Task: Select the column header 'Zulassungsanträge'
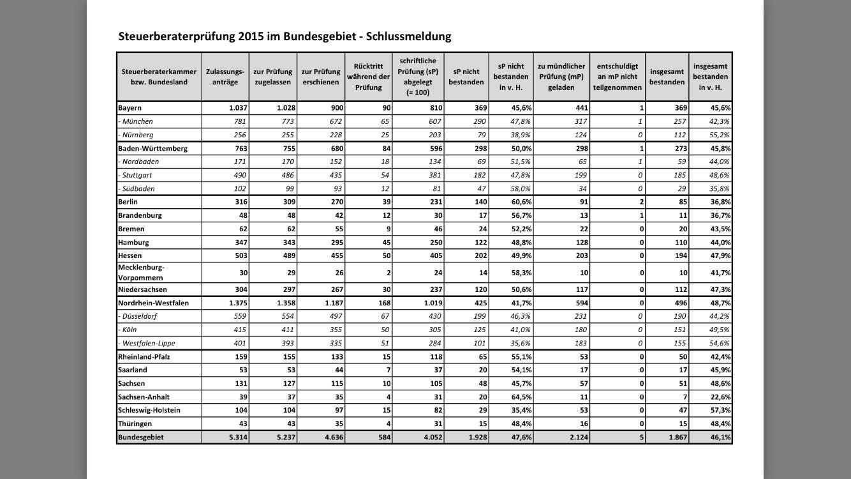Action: [225, 77]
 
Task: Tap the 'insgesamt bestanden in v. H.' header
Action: [710, 77]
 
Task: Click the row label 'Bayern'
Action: [130, 108]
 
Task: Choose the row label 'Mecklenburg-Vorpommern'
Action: [141, 273]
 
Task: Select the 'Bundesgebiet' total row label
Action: [141, 437]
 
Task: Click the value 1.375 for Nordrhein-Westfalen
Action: [236, 303]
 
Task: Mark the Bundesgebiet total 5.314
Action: [236, 437]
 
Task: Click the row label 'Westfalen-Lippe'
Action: [149, 343]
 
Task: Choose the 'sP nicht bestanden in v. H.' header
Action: [510, 77]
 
